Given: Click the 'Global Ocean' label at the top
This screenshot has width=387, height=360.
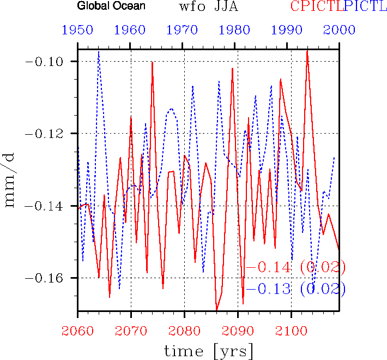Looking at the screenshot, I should point(111,7).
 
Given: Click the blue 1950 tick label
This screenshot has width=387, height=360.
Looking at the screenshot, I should point(77,31).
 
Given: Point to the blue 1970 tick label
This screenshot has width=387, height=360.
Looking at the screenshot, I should point(184,31).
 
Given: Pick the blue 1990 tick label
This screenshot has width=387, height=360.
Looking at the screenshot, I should point(291,31).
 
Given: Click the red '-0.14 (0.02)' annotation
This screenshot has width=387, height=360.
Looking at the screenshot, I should point(295,268).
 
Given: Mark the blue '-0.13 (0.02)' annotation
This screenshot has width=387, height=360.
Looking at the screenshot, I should point(295,289).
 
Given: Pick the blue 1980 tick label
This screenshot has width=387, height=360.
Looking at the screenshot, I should point(238,31).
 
